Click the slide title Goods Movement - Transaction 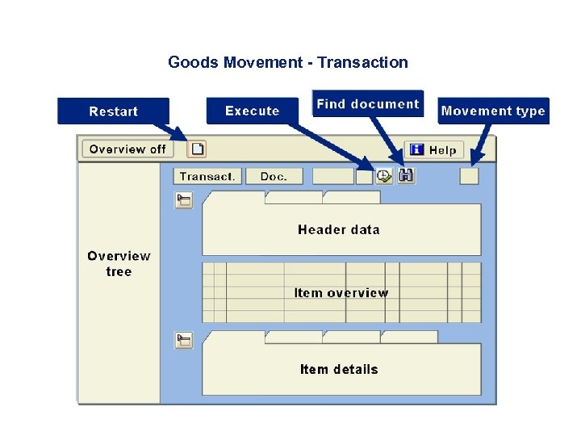(288, 62)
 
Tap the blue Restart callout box (113, 111)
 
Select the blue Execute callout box (253, 111)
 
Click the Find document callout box (368, 103)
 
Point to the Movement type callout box (493, 111)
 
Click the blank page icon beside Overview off (198, 149)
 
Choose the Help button (433, 149)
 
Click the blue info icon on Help (417, 149)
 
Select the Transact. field (207, 176)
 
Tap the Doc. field (274, 176)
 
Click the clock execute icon (384, 176)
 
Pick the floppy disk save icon (406, 175)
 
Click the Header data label (338, 229)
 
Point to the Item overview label (341, 292)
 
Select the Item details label (339, 369)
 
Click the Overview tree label (119, 263)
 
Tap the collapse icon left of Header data (185, 200)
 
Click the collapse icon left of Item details (185, 340)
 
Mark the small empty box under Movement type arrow (469, 176)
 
